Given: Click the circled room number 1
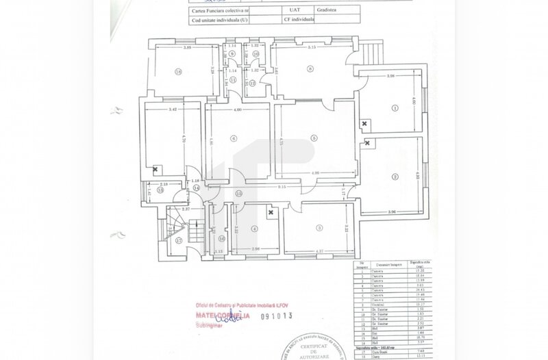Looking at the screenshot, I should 395,107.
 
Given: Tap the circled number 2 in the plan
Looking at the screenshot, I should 395,177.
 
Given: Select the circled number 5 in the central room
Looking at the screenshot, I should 314,138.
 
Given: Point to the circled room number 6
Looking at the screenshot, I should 233,139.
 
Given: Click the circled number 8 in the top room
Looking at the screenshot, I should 310,68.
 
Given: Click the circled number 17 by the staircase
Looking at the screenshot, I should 178,241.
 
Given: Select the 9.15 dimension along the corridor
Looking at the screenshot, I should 282,187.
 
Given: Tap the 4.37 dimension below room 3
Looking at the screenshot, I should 319,250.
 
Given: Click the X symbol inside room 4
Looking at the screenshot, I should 272,213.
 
